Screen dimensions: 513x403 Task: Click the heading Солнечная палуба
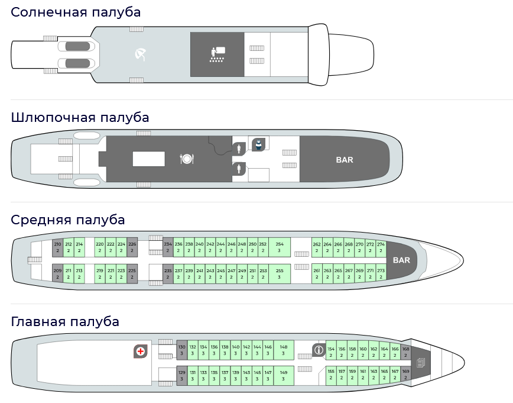76,12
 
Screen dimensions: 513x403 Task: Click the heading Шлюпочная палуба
80,117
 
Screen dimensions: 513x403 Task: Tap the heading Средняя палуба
68,220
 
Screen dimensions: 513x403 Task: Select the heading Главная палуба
65,321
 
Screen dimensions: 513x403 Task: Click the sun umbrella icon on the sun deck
141,54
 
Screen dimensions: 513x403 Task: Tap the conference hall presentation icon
217,54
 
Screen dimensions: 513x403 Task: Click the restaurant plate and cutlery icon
187,159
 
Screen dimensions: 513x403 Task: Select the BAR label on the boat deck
344,160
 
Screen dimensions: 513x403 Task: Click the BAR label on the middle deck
401,260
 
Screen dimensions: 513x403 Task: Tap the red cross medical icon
141,352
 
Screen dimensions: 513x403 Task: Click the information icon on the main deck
319,350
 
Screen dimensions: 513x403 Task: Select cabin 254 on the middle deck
280,247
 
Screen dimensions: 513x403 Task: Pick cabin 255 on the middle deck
280,273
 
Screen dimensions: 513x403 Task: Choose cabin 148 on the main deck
283,350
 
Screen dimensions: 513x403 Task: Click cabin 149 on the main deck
283,375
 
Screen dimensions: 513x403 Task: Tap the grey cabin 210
57,247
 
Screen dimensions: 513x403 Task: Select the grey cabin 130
182,350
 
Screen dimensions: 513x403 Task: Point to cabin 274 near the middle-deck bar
381,247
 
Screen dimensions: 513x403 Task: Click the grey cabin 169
405,374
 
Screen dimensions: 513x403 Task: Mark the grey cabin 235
168,273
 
